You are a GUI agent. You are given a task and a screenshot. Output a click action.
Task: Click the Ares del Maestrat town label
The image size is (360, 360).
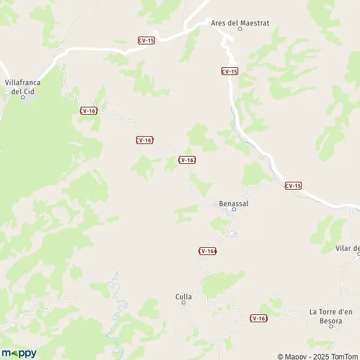pyautogui.click(x=240, y=23)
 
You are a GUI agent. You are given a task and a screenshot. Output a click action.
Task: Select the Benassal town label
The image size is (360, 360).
pyautogui.click(x=234, y=203)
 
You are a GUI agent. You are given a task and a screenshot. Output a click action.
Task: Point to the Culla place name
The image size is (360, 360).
pyautogui.click(x=184, y=296)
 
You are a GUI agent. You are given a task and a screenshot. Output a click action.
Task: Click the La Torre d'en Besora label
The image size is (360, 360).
pyautogui.click(x=334, y=316)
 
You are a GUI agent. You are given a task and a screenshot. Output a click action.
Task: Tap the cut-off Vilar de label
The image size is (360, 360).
pyautogui.click(x=348, y=248)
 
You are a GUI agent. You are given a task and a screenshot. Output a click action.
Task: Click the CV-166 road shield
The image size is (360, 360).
pyautogui.click(x=207, y=251)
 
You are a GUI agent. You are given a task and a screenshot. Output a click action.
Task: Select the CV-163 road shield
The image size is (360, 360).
pyautogui.click(x=259, y=318)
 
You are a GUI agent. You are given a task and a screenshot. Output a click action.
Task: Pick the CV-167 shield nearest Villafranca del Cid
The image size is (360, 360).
pyautogui.click(x=88, y=110)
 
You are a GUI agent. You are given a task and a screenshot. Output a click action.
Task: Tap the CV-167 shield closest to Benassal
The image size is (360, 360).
pyautogui.click(x=187, y=160)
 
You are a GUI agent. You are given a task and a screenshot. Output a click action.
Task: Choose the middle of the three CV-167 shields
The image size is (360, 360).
pyautogui.click(x=144, y=140)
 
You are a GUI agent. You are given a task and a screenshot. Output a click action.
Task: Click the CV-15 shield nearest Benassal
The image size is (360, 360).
pyautogui.click(x=293, y=185)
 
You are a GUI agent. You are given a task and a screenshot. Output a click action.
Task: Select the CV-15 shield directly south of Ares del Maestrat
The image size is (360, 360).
pyautogui.click(x=229, y=71)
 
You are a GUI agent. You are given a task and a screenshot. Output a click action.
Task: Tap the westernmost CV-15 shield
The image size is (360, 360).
pyautogui.click(x=146, y=41)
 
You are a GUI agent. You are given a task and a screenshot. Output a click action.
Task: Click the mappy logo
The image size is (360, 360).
pyautogui.click(x=19, y=353)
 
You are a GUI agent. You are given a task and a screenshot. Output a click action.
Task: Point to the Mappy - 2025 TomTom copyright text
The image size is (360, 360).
pyautogui.click(x=318, y=356)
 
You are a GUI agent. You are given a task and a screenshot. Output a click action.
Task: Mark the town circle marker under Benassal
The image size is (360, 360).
pyautogui.click(x=234, y=210)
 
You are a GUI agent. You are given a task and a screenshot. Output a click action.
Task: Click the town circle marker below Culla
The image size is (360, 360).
pyautogui.click(x=184, y=303)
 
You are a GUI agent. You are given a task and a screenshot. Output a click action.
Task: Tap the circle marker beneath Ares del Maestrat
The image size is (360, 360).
pyautogui.click(x=240, y=29)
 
